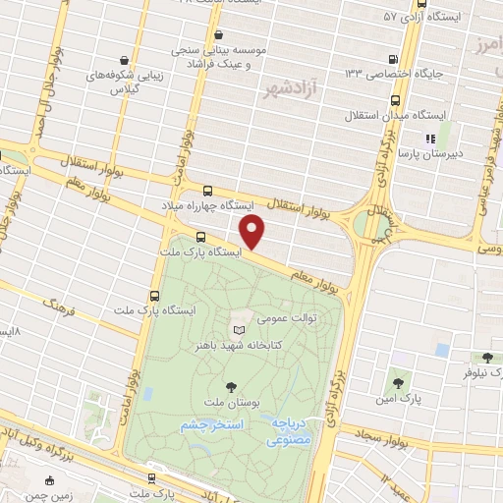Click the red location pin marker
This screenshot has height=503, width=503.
[252, 233]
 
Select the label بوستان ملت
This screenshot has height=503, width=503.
[231, 402]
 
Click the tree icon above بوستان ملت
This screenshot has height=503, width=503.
[231, 386]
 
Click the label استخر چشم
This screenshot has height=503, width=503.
[211, 425]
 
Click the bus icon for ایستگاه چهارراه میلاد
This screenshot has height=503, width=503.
[206, 192]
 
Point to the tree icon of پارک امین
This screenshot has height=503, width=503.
[397, 382]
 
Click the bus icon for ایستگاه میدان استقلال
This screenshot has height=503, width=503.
[395, 101]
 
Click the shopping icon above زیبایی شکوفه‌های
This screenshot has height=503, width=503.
[122, 58]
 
